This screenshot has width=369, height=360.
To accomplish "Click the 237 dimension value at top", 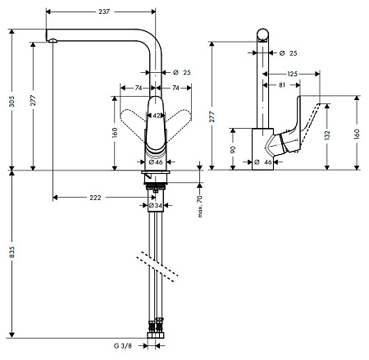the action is tap(104, 11).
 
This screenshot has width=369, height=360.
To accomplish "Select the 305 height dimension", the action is tap(11, 102).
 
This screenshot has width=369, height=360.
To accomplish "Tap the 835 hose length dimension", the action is tap(11, 252).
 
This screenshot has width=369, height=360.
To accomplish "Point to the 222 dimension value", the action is tap(95, 198).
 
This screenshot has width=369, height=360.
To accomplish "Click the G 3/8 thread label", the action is tap(123, 346).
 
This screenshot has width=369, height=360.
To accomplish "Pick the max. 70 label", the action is tap(200, 207).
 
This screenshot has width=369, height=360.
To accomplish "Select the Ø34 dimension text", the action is tap(156, 205).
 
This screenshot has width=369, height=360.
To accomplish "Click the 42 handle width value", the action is tap(156, 116).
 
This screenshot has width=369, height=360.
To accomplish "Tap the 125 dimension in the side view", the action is tap(292, 74).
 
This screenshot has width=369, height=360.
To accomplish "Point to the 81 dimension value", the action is tap(282, 85).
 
